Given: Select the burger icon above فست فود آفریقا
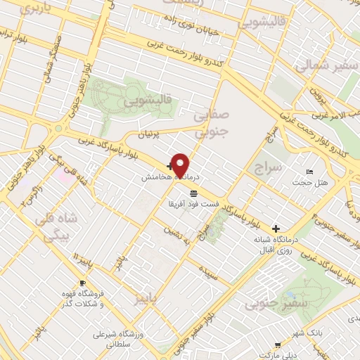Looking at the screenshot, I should [192, 192].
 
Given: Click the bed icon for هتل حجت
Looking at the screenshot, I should [311, 172].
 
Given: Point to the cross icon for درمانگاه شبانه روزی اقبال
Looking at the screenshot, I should [276, 229].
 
